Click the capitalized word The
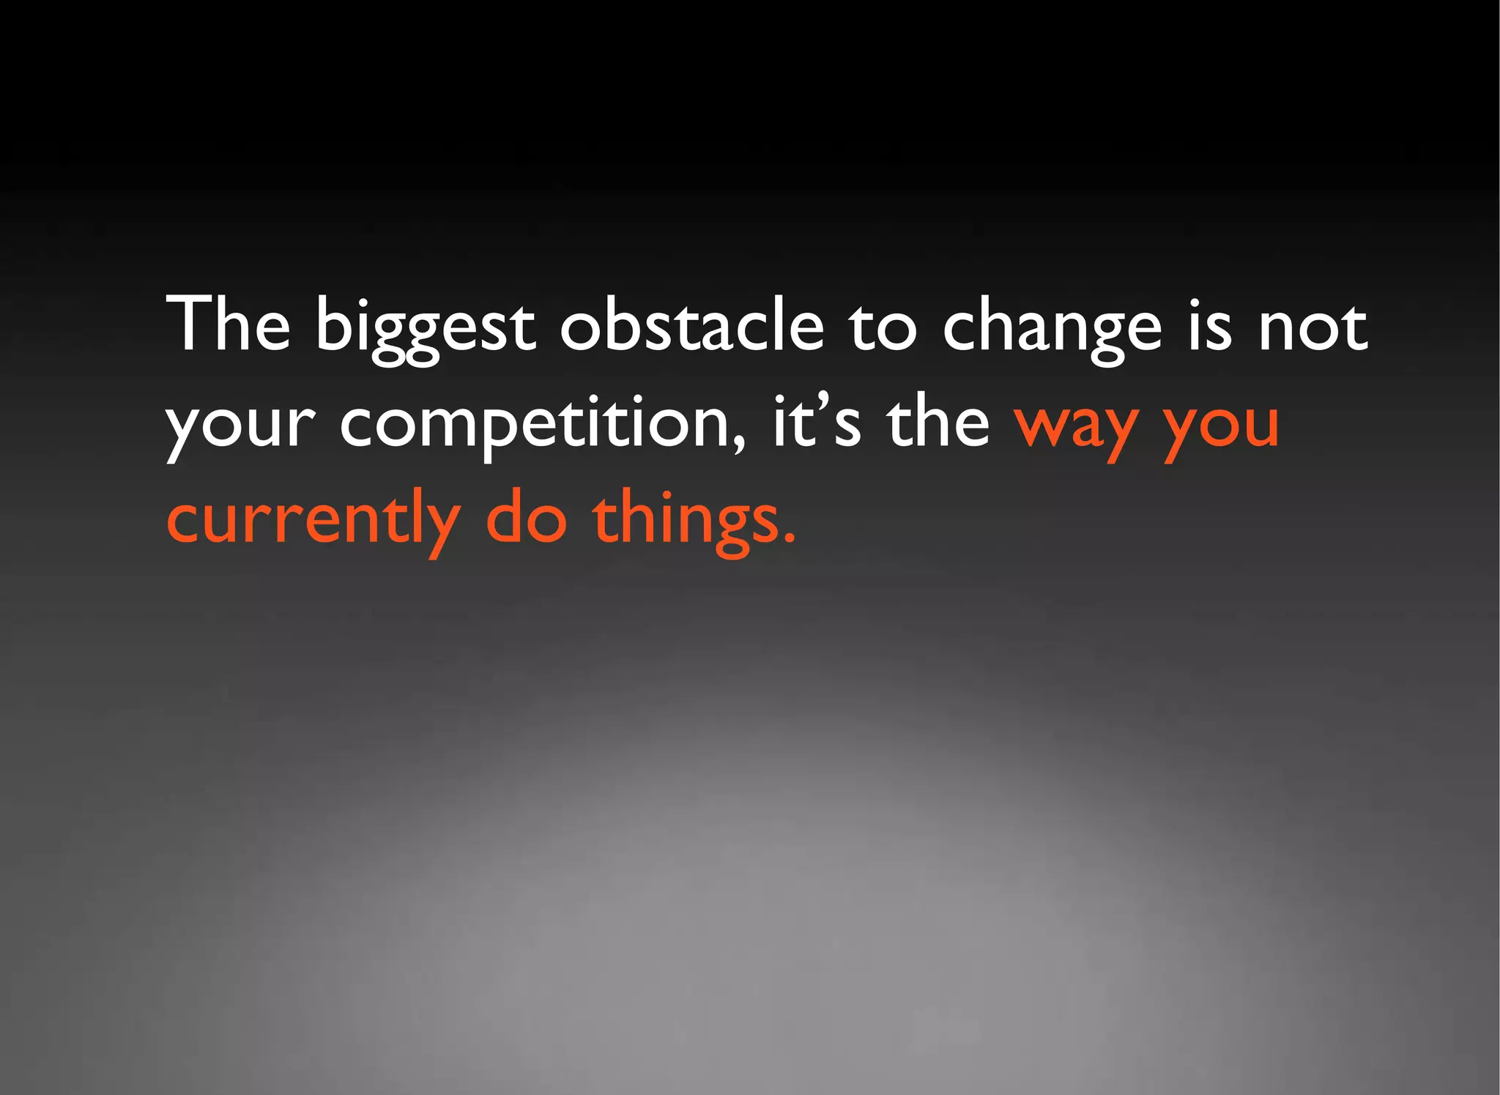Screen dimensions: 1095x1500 (x=229, y=324)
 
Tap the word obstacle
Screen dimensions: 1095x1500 (x=691, y=324)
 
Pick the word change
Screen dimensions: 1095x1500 (x=1052, y=327)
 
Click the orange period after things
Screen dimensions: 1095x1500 (x=788, y=540)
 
